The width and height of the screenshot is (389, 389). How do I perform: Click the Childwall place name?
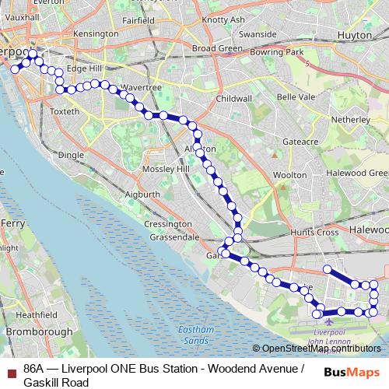tap(234, 99)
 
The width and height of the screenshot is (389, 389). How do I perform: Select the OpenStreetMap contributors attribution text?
tap(321, 349)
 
